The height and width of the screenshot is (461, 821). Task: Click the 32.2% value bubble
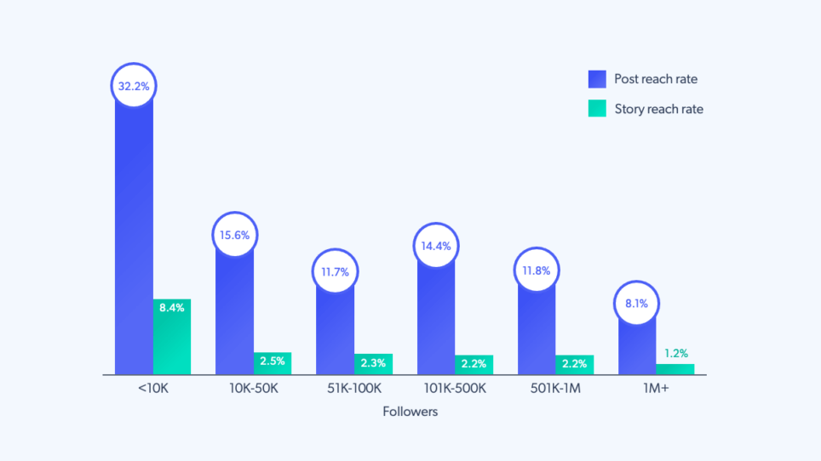pos(134,86)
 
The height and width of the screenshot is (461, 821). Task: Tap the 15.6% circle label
pos(234,235)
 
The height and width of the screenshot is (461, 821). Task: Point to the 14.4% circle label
pos(435,246)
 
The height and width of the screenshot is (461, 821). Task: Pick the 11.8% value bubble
pos(536,271)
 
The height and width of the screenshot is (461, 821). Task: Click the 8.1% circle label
pos(636,303)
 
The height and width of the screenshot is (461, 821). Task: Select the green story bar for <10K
pos(172,336)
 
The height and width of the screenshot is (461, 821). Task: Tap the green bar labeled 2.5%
pos(273,363)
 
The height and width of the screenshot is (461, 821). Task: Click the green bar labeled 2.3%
pos(373,364)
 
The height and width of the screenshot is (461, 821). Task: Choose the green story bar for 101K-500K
pos(474,365)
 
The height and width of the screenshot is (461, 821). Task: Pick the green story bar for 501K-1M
pos(574,365)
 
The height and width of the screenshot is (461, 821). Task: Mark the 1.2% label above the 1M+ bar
pos(675,353)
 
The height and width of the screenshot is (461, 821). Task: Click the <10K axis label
pos(153,388)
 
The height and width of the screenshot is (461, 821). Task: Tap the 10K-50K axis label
pos(253,388)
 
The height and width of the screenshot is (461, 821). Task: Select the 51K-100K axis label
pos(353,388)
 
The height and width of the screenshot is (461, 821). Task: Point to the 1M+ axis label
pos(656,388)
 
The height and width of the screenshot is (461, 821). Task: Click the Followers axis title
pos(410,412)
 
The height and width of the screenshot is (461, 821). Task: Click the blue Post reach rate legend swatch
pos(596,79)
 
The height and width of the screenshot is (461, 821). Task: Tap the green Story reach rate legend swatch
pos(596,109)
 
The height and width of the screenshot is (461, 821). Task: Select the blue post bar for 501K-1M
pos(537,332)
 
